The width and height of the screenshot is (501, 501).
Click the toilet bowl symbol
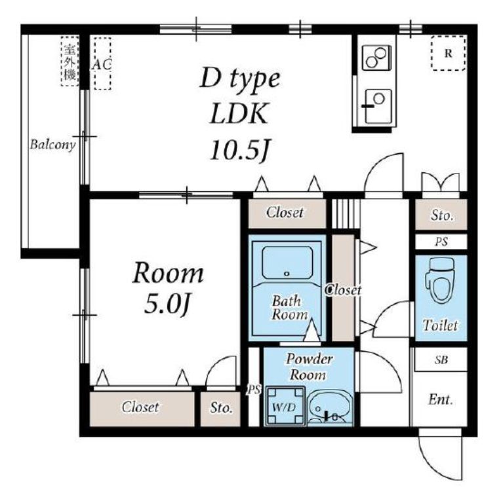[441, 280]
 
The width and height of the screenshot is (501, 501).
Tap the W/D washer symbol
[285, 406]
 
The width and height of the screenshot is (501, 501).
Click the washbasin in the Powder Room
[330, 408]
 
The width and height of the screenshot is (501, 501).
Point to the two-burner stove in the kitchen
[376, 58]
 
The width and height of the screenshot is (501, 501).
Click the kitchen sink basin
[378, 107]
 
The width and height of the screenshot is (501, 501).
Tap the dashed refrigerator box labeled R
[449, 53]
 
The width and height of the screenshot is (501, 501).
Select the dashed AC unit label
[102, 64]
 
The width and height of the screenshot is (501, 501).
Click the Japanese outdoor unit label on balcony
[70, 62]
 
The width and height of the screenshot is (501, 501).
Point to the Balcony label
[52, 145]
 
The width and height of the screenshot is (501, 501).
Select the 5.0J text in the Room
[167, 305]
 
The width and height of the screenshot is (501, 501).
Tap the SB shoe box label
[441, 360]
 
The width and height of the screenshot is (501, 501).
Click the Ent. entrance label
[441, 399]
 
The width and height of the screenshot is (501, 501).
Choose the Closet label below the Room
[140, 407]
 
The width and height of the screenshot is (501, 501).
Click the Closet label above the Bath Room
[285, 212]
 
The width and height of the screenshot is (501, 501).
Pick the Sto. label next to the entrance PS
[442, 215]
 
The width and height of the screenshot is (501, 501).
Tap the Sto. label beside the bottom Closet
[221, 408]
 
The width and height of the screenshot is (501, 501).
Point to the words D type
[240, 79]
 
